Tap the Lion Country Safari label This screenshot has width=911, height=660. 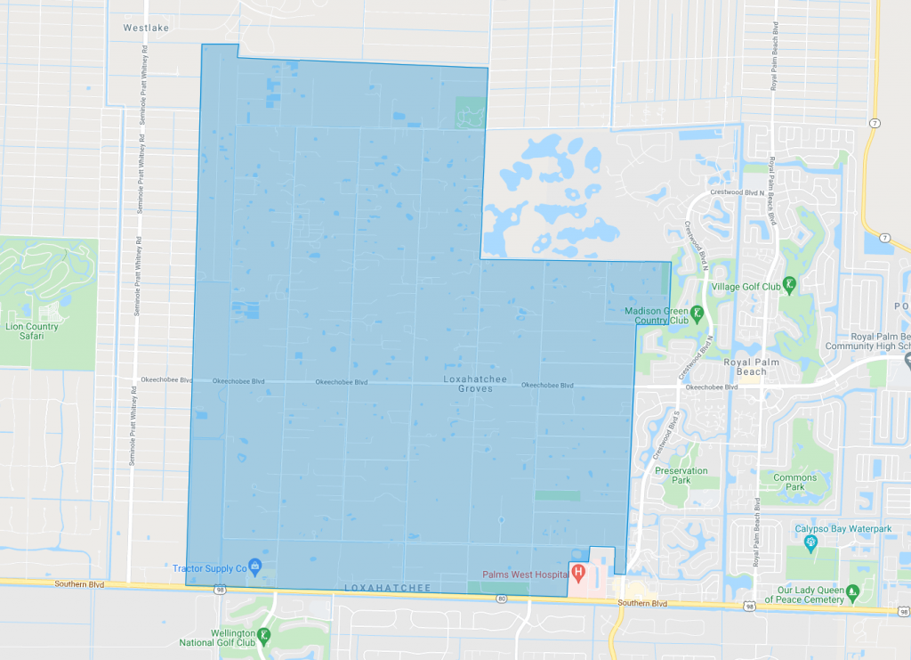point(32,331)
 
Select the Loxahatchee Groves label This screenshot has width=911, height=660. point(475,384)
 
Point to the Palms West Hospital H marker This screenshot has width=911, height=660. point(577,572)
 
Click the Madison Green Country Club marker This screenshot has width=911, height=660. point(697,313)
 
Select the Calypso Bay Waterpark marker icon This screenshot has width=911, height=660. point(810,542)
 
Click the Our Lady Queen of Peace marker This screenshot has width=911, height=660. point(852,590)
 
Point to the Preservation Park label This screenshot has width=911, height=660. point(681,476)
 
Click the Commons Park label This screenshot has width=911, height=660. point(794,483)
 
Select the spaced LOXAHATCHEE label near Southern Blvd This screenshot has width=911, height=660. point(388,589)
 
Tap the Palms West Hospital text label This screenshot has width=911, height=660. point(525,574)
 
